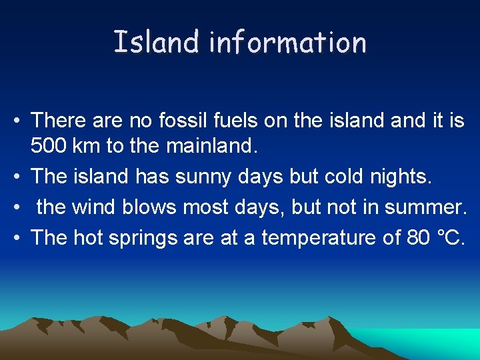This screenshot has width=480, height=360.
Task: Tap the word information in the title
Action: point(287,42)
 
